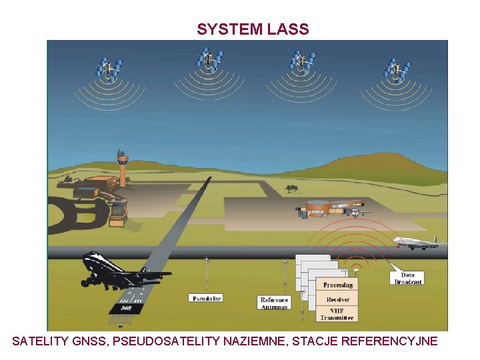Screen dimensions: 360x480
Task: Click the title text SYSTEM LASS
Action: pyautogui.click(x=253, y=29)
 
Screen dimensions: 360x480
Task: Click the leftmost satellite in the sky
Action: pyautogui.click(x=109, y=66)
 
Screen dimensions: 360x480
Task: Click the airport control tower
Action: pyautogui.click(x=122, y=167)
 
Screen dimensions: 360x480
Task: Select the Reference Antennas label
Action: pyautogui.click(x=274, y=303)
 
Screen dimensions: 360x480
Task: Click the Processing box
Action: pyautogui.click(x=338, y=285)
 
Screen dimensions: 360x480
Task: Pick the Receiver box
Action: pyautogui.click(x=338, y=299)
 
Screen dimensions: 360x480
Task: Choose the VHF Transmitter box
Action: pyautogui.click(x=337, y=314)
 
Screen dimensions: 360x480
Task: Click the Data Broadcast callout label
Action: pyautogui.click(x=407, y=278)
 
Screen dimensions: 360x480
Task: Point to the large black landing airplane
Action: pyautogui.click(x=120, y=271)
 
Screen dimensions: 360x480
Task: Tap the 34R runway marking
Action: pyautogui.click(x=125, y=309)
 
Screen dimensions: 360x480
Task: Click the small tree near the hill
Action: pyautogui.click(x=291, y=188)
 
